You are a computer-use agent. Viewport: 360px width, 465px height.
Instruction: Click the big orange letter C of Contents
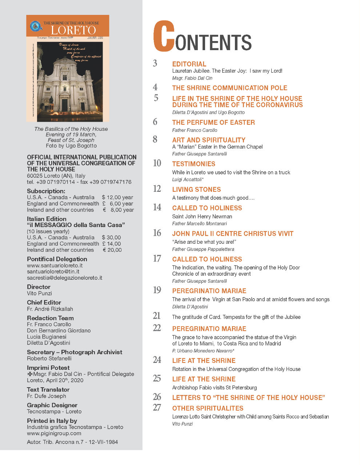[163, 36]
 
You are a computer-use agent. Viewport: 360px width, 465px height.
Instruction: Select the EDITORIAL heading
[189, 64]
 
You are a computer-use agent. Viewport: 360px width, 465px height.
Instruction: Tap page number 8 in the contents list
[155, 139]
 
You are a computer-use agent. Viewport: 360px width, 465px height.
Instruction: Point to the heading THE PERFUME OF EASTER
[213, 123]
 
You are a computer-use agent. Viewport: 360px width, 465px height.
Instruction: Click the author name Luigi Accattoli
[188, 179]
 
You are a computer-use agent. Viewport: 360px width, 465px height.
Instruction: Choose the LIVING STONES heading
[196, 190]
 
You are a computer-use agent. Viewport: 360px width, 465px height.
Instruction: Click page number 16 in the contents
[157, 233]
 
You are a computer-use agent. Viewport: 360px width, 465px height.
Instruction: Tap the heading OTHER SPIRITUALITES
[208, 408]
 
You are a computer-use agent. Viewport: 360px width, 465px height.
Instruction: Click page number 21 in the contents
[157, 316]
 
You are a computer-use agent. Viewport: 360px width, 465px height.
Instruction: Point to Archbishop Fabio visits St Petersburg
[214, 388]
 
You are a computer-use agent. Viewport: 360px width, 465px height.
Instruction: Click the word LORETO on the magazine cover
[73, 31]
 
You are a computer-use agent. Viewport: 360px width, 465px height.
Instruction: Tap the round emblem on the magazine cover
[35, 26]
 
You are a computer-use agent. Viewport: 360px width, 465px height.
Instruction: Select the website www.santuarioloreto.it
[55, 266]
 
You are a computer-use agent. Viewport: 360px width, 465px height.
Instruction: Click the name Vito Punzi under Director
[39, 294]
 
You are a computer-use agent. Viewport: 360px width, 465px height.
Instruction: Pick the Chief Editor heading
[44, 303]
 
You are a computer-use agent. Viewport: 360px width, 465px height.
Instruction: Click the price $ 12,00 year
[117, 197]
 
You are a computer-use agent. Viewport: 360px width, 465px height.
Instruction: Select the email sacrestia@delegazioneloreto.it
[64, 278]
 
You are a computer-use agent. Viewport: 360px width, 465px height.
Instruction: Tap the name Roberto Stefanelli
[49, 359]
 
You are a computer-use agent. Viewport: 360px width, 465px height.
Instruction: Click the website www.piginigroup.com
[54, 433]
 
